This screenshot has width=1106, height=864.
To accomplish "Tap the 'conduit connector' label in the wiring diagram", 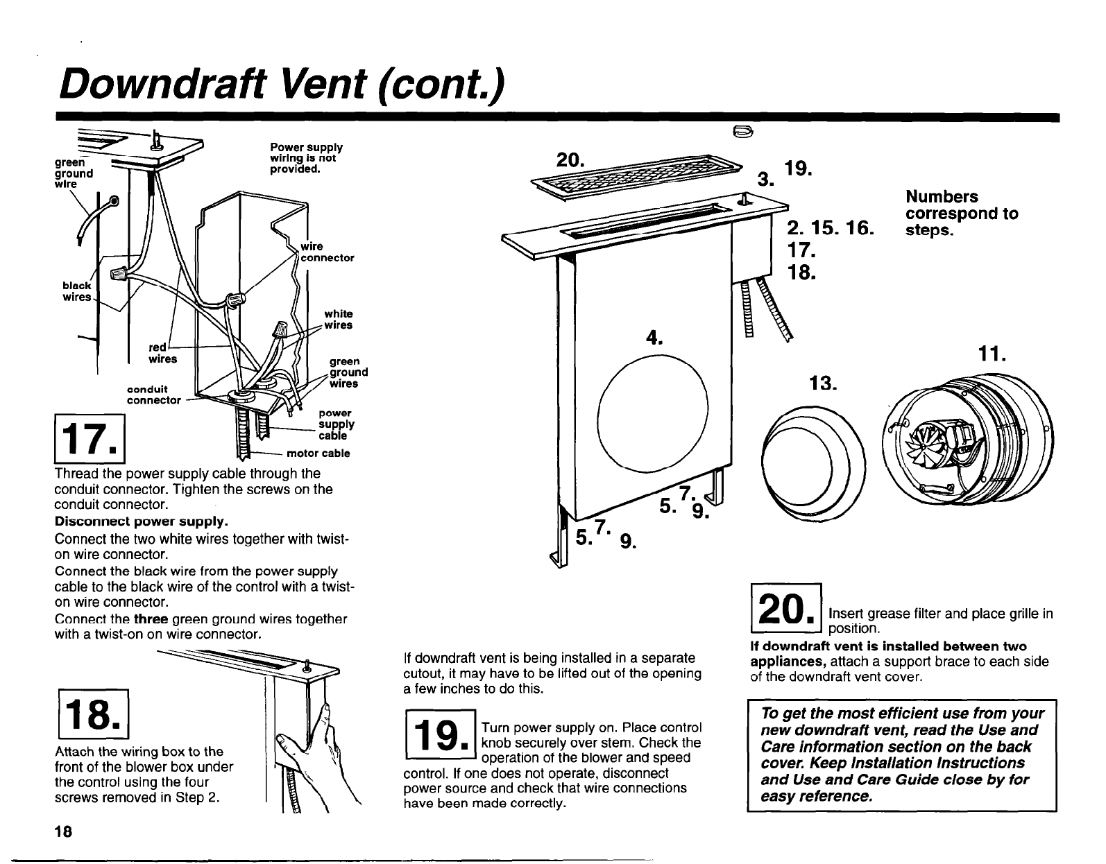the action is (153, 394).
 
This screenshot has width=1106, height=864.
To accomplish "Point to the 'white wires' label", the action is (338, 320).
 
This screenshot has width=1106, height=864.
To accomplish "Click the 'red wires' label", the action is (163, 353).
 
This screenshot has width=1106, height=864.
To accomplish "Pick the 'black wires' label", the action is (76, 291).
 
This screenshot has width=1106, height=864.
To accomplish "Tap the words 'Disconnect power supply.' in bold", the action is (141, 520).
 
